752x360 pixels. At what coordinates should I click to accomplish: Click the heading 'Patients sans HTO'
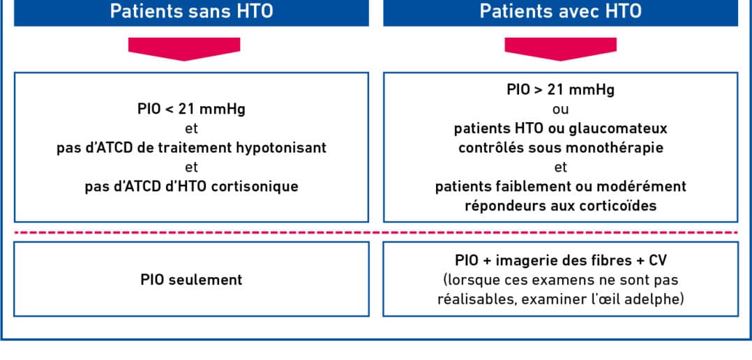(191, 11)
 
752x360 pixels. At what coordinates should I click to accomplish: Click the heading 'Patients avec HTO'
(561, 11)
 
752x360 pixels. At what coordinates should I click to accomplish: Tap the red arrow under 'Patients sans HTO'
(184, 49)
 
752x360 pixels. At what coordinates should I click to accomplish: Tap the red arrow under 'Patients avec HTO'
(561, 49)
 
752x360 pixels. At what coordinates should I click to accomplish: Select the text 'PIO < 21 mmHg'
(191, 110)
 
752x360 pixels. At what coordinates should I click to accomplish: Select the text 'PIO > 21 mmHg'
(561, 89)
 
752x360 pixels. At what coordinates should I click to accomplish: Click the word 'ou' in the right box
(561, 110)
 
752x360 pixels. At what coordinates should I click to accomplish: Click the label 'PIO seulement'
(191, 280)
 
